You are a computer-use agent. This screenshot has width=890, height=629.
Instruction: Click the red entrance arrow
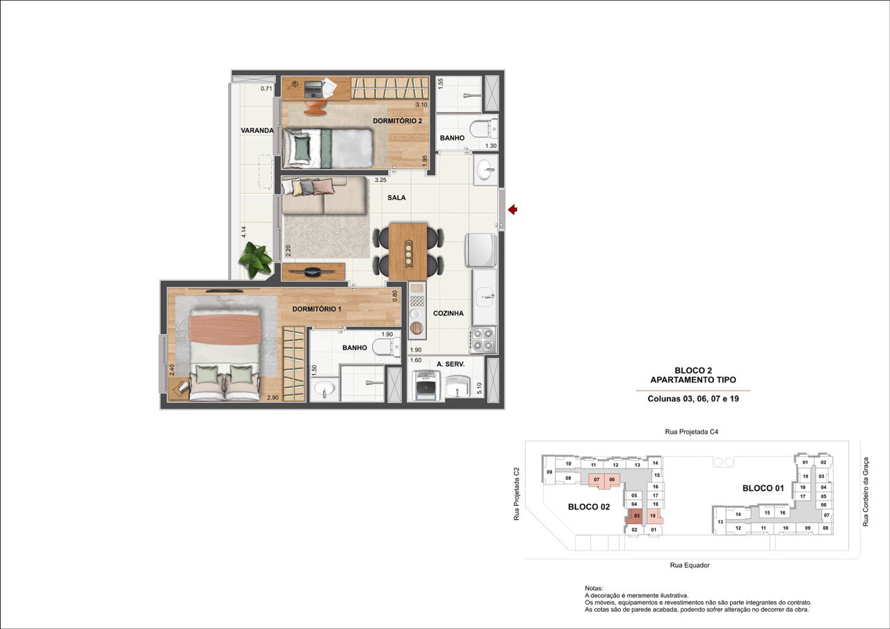pos(512,209)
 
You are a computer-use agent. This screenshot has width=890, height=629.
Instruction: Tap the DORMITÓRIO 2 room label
pos(397,121)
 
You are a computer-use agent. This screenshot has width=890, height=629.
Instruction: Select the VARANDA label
pos(257,130)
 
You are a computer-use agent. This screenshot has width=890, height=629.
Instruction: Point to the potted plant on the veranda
pos(255,259)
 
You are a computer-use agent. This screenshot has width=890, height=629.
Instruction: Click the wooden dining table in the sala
pos(408,252)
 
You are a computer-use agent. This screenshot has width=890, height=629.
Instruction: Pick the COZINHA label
pos(448,313)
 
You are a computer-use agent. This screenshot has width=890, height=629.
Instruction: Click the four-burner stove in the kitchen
pos(483,340)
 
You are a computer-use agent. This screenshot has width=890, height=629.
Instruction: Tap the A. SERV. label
pos(451,364)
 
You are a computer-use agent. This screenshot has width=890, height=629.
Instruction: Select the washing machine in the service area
pos(426,385)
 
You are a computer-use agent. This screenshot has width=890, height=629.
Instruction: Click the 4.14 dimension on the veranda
pos(244,232)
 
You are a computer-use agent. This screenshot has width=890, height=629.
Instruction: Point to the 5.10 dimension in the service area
pos(479,388)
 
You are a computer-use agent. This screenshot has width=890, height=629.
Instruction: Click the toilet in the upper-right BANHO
pos(483,129)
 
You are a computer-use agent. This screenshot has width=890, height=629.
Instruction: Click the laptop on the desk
pos(314,89)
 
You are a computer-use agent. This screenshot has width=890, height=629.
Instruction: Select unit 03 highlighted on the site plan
pos(637,516)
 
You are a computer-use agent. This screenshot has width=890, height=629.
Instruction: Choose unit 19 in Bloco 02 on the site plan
pos(653,516)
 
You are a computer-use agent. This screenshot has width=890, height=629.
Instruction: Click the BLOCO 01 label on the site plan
pos(763,488)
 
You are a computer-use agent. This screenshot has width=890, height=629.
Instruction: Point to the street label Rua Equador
pos(690,566)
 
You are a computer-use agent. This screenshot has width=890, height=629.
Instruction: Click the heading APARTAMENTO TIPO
pos(693,380)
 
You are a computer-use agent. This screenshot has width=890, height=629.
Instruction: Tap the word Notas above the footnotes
pos(594,589)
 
